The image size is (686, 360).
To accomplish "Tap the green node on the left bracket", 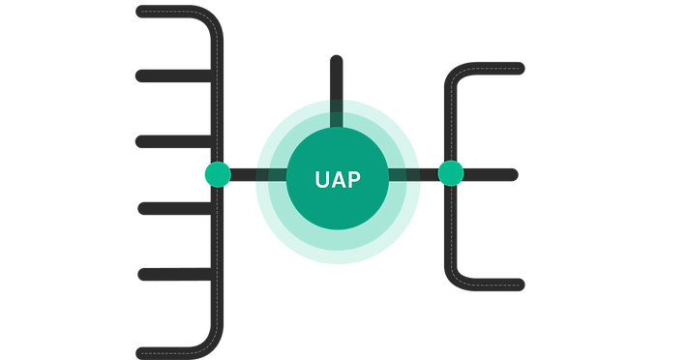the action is (x=215, y=174).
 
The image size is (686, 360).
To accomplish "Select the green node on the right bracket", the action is (x=450, y=174).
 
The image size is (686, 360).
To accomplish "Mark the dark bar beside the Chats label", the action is (x=164, y=75).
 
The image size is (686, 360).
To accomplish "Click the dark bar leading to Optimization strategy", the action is (x=493, y=174).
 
